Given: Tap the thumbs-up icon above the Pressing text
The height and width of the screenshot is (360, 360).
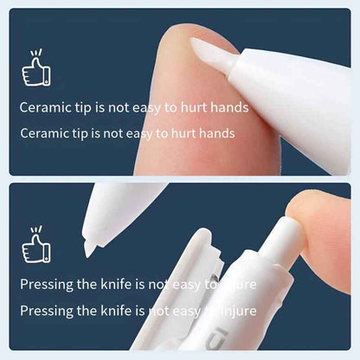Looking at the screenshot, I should (36, 246).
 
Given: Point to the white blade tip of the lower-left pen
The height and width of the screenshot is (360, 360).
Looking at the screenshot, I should (89, 246).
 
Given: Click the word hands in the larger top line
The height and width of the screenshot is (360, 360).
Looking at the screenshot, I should (229, 108).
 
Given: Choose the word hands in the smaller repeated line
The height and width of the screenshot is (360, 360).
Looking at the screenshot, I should (217, 133).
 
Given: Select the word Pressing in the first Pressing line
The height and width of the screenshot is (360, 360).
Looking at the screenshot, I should (48, 284).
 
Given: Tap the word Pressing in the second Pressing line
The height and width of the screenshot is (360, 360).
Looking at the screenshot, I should (48, 310).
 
